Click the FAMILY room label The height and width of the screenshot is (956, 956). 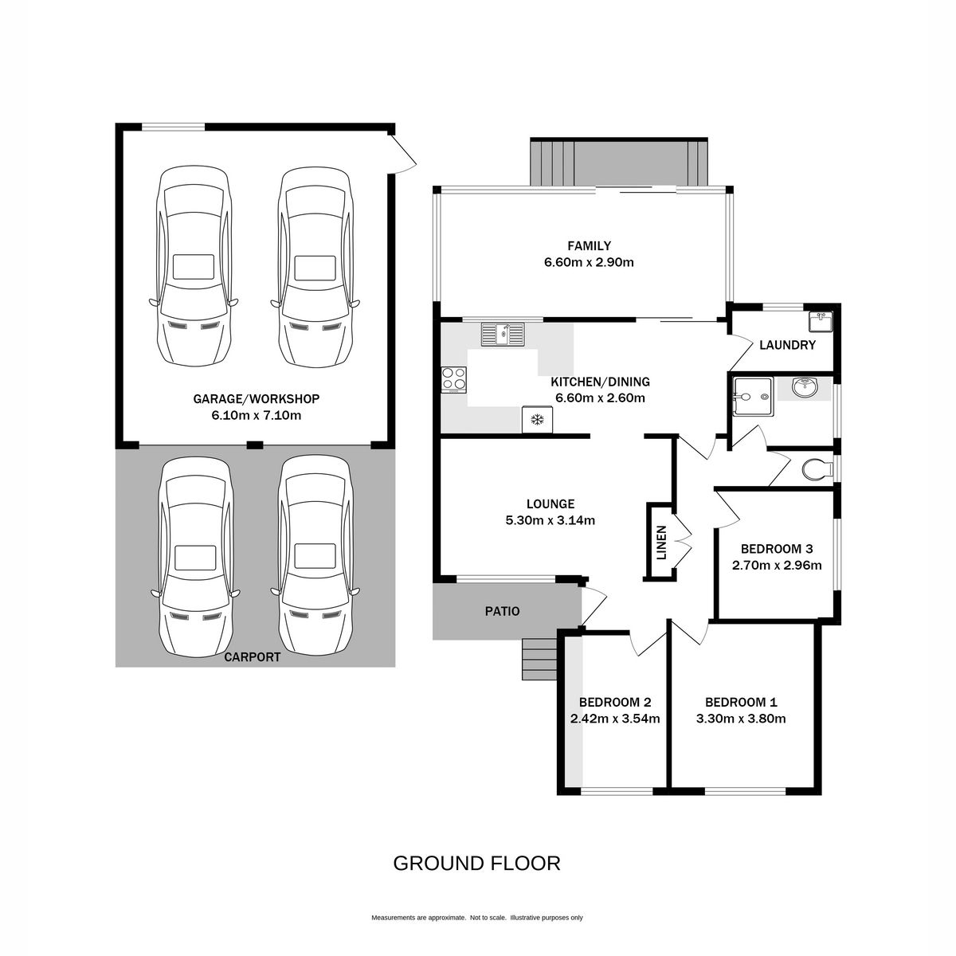click(589, 245)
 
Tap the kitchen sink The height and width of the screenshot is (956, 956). click(502, 334)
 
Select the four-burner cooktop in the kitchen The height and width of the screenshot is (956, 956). click(454, 380)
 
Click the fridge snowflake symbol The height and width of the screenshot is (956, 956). click(536, 420)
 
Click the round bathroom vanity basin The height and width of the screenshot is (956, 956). click(804, 387)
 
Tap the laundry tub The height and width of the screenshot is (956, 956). click(820, 322)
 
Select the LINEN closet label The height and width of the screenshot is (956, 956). click(661, 543)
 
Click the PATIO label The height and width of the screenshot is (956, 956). click(502, 611)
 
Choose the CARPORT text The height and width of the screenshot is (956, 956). click(252, 657)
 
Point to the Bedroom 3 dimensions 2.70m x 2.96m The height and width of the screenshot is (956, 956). click(777, 565)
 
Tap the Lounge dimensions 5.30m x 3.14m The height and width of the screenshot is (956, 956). click(550, 520)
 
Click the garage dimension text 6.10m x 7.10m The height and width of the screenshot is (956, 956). click(256, 415)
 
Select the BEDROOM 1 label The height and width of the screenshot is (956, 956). click(741, 703)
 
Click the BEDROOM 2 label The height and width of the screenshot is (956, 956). click(615, 703)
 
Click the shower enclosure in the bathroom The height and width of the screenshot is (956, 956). click(753, 397)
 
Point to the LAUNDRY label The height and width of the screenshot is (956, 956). click(787, 345)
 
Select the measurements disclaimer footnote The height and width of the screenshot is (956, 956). click(476, 918)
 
